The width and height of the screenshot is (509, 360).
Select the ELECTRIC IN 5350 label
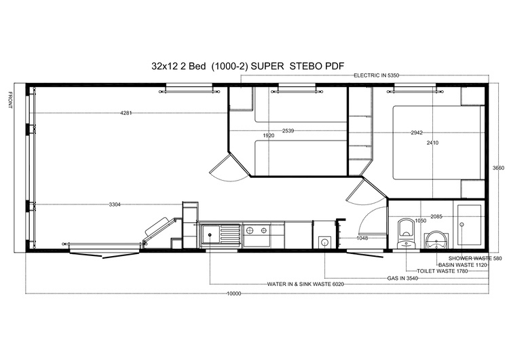click(381, 75)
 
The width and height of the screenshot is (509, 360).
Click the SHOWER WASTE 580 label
click(470, 258)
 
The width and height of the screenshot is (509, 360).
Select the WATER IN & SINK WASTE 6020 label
click(305, 284)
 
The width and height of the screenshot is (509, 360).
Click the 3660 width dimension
click(498, 168)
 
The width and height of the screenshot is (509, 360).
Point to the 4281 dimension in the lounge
click(126, 113)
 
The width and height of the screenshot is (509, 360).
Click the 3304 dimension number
click(115, 204)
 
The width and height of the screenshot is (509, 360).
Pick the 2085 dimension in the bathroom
click(436, 217)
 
